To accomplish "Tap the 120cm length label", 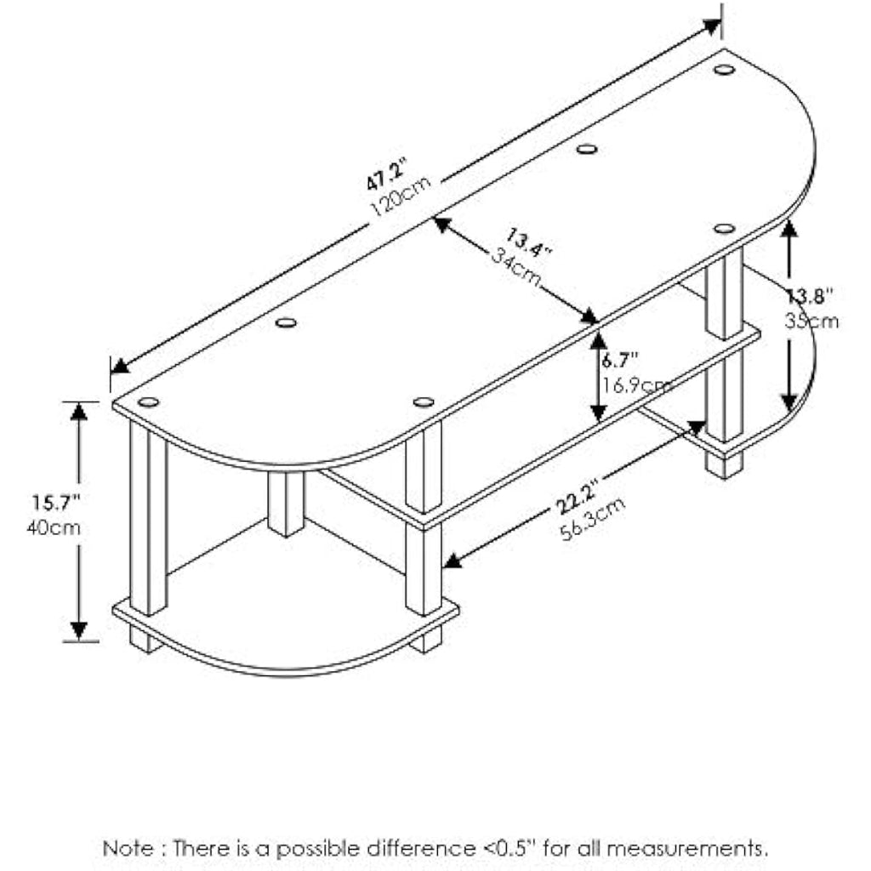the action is tap(401, 196).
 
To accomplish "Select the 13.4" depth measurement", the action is tap(528, 242).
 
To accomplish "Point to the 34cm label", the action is tap(516, 267).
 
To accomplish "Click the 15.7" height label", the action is tap(56, 503).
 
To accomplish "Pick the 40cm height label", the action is tap(54, 527).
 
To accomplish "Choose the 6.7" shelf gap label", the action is tap(620, 360).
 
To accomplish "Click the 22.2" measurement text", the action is tap(578, 497).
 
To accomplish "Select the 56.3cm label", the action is tap(593, 519).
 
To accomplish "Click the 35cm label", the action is tap(811, 321).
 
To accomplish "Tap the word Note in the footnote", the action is tap(128, 848).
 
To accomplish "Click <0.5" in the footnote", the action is tap(508, 848).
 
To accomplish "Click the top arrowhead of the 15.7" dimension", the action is tap(79, 411).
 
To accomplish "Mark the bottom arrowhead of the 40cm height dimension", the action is tap(79, 631).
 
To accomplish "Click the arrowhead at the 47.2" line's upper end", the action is tap(712, 26).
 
